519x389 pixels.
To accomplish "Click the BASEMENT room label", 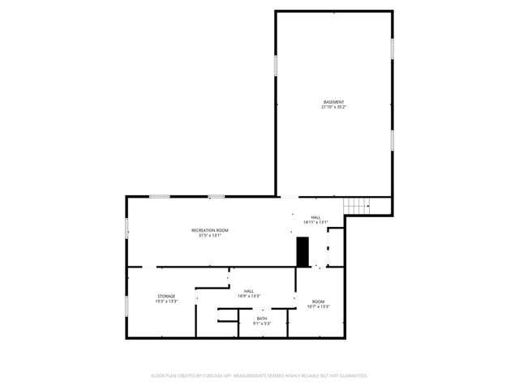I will pyautogui.click(x=333, y=102).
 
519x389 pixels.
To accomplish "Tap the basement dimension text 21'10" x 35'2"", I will pyautogui.click(x=333, y=107).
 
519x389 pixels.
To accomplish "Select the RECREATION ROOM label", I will pyautogui.click(x=210, y=231).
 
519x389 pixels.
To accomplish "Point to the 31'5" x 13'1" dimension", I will pyautogui.click(x=210, y=236).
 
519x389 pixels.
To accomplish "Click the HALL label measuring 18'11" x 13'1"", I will pyautogui.click(x=315, y=217).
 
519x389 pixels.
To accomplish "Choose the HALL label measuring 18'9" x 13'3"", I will pyautogui.click(x=249, y=291).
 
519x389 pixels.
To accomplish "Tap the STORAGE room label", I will pyautogui.click(x=166, y=297).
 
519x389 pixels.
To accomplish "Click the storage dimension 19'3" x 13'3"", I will pyautogui.click(x=166, y=301).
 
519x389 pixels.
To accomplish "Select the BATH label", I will pyautogui.click(x=262, y=318).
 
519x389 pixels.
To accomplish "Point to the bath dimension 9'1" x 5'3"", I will pyautogui.click(x=262, y=323).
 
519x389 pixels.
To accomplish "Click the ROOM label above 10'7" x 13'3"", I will pyautogui.click(x=318, y=301).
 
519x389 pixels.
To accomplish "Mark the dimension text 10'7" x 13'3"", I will pyautogui.click(x=318, y=306).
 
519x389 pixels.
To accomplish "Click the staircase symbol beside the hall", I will pyautogui.click(x=356, y=207).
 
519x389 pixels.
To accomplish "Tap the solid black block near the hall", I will pyautogui.click(x=303, y=251).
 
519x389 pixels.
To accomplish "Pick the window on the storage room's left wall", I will pyautogui.click(x=127, y=306).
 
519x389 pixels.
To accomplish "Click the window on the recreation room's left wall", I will pyautogui.click(x=127, y=228).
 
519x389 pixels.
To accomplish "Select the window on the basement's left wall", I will pyautogui.click(x=276, y=66).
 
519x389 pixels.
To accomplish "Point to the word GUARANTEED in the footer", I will pyautogui.click(x=350, y=376).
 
